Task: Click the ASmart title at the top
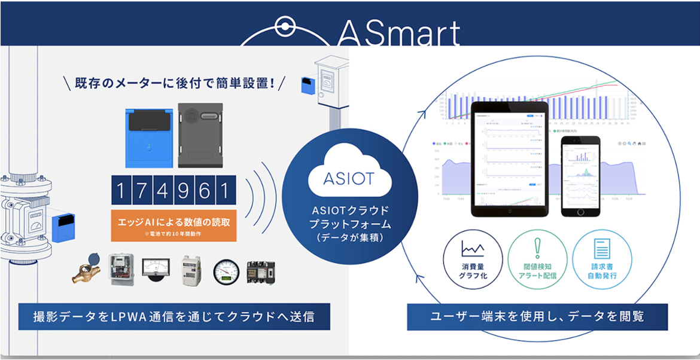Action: coord(398,33)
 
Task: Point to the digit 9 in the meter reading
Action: coord(184,191)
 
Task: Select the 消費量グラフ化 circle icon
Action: coord(472,263)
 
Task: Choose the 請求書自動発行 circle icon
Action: coord(601,263)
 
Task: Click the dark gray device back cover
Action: coord(201,136)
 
